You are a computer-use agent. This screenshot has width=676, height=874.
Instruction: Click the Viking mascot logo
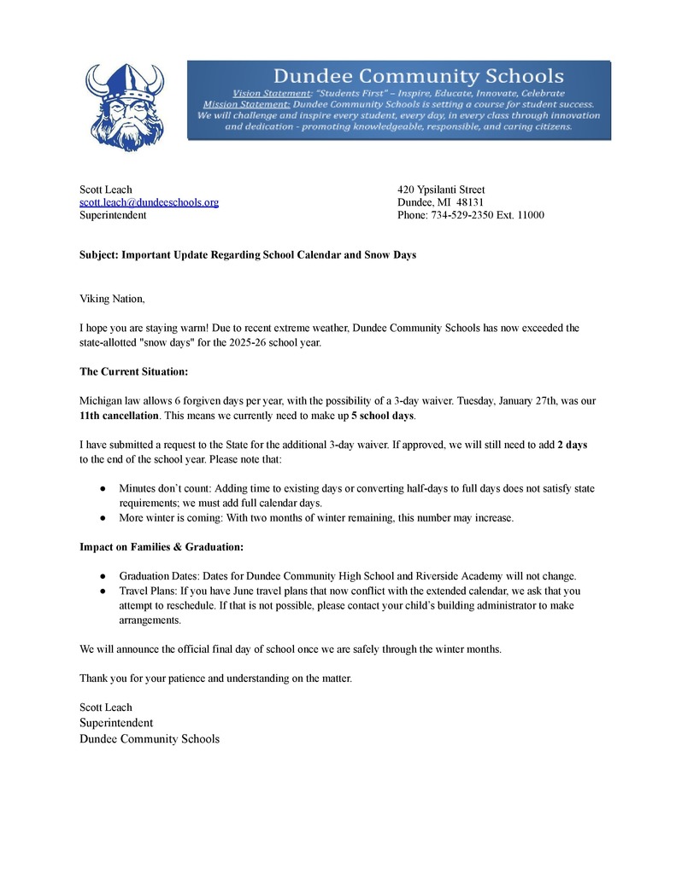[127, 106]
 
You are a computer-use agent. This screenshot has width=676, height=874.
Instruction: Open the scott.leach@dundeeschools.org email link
[149, 202]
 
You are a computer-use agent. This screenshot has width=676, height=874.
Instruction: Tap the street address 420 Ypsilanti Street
[441, 189]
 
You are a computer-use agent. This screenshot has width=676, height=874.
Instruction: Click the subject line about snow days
[248, 254]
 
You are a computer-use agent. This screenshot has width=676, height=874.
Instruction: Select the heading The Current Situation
[133, 371]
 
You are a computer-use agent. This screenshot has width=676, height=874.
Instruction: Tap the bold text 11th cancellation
[119, 415]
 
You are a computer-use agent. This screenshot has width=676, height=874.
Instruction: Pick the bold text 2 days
[572, 445]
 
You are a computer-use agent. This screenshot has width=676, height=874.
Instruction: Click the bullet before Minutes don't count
[103, 488]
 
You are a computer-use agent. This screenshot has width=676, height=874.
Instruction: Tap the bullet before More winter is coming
[103, 517]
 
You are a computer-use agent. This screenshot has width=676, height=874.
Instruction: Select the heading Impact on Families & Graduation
[162, 546]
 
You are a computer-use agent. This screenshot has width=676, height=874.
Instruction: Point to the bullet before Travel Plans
[103, 590]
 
